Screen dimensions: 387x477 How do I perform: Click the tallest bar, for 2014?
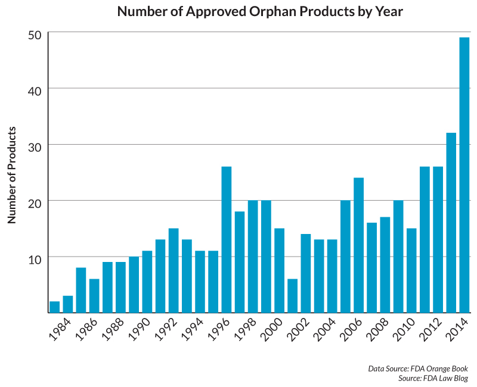464,175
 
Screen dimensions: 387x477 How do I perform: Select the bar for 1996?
227,239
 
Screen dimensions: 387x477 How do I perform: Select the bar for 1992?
174,270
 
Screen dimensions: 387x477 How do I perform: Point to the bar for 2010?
411,270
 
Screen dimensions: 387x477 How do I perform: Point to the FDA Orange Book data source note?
417,369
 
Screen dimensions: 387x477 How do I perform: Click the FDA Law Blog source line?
433,378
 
